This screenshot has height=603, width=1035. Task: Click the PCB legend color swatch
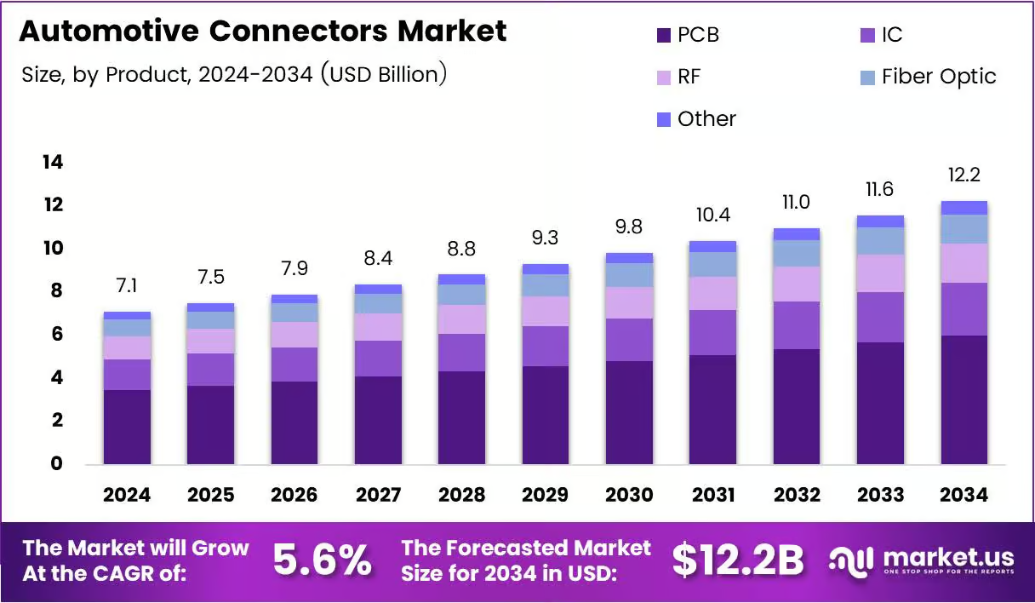(x=664, y=36)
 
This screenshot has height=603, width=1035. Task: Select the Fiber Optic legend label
(x=939, y=77)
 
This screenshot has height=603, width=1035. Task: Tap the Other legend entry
(x=696, y=119)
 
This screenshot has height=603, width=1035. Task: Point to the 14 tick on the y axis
(x=53, y=162)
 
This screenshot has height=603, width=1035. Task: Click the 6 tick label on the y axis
(x=57, y=334)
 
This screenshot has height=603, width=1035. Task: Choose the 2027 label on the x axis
(x=378, y=495)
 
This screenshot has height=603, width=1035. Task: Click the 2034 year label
(x=964, y=495)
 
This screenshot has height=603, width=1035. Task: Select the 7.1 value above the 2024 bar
(x=127, y=286)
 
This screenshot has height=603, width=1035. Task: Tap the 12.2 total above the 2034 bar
(x=964, y=175)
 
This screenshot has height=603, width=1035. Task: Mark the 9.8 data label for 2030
(x=629, y=227)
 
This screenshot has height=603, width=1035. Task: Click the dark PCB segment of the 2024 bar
(x=127, y=427)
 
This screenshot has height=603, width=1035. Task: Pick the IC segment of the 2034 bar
(x=964, y=309)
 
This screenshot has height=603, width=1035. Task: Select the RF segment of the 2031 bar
(x=713, y=293)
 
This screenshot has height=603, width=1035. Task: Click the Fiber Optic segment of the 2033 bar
(x=880, y=241)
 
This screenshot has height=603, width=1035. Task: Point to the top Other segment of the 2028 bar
(x=461, y=279)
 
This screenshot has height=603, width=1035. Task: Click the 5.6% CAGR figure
(x=322, y=560)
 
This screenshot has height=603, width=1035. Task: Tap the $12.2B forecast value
(x=738, y=560)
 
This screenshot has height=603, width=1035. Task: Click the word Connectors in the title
(x=298, y=31)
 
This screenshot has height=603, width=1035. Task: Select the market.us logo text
(x=948, y=558)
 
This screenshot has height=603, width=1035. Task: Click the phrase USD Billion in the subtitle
(x=384, y=74)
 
